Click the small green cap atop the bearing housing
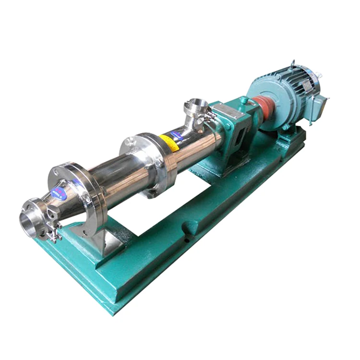[x=244, y=100]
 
